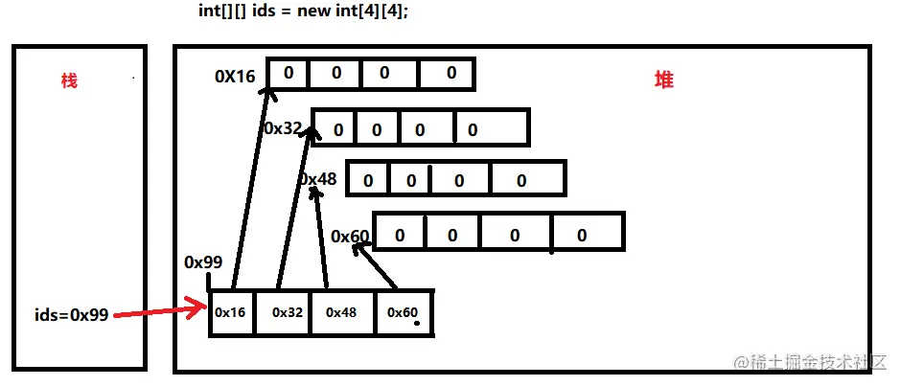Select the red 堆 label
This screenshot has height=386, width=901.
[x=663, y=80]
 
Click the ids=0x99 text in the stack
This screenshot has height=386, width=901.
[x=71, y=314]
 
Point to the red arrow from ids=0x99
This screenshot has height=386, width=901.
[x=158, y=310]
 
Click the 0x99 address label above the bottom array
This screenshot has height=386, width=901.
[x=203, y=262]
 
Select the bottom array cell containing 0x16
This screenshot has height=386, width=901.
[x=231, y=312]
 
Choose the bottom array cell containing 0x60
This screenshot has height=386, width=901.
[x=403, y=312]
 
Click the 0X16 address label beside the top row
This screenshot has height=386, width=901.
[x=236, y=76]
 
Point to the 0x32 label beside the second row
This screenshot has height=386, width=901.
[x=283, y=128]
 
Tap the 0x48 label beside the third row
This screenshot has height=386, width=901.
[x=317, y=179]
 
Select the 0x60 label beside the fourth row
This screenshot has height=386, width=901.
[x=350, y=236]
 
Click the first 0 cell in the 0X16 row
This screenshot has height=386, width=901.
[x=288, y=73]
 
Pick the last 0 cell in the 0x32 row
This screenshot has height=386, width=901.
[x=491, y=128]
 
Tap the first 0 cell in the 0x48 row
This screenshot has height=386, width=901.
[x=369, y=180]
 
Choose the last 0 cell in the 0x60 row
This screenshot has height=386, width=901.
[x=583, y=235]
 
